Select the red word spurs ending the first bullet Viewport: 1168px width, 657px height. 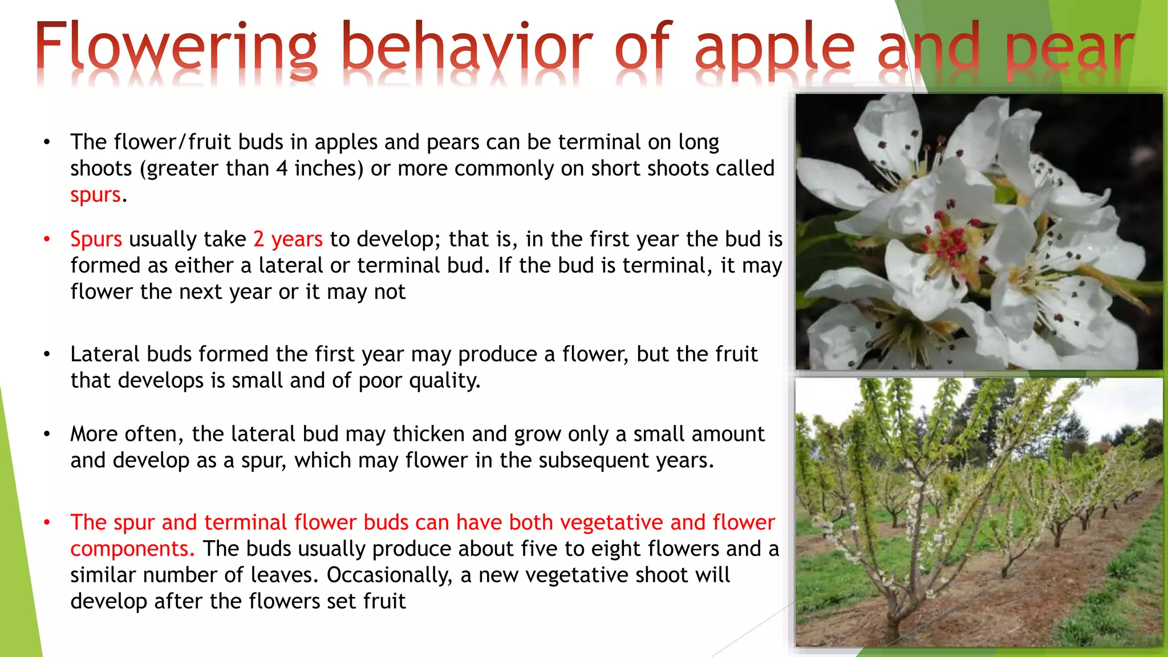pos(95,195)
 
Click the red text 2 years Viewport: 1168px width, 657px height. pos(288,239)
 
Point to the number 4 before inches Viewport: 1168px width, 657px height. pos(282,169)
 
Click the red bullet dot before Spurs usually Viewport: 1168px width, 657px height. pos(47,239)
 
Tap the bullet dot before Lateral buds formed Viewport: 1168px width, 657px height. pos(47,354)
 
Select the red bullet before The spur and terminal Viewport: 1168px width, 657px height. pos(47,522)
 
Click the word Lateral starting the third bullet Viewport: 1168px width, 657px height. pos(105,354)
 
